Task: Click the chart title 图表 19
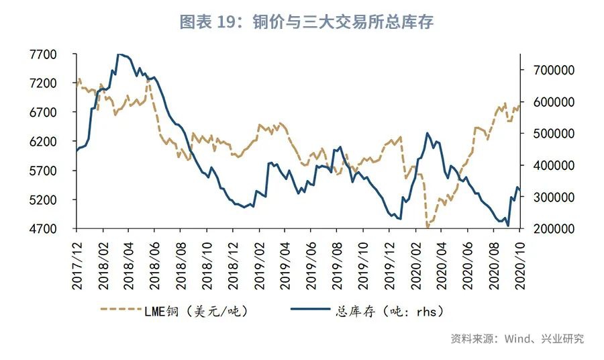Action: pyautogui.click(x=307, y=22)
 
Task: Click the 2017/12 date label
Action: pyautogui.click(x=77, y=267)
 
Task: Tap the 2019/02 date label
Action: pyautogui.click(x=258, y=267)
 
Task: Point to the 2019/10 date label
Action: pyautogui.click(x=363, y=267)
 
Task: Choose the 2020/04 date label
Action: pyautogui.click(x=442, y=267)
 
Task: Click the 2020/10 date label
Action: pyautogui.click(x=519, y=267)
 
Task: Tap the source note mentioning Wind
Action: pyautogui.click(x=517, y=339)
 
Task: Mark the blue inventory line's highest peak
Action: pyautogui.click(x=119, y=54)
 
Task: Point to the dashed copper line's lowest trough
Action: pyautogui.click(x=427, y=228)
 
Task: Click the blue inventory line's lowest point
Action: pyautogui.click(x=508, y=226)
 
